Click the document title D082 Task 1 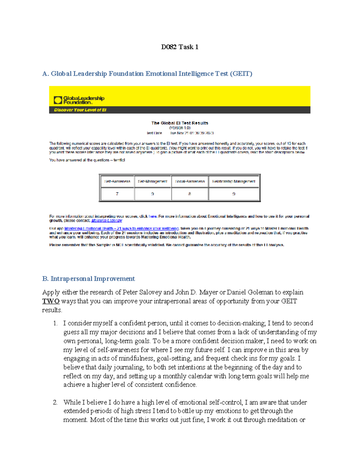pos(179,47)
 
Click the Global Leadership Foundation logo pos(79,100)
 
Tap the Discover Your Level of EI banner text pos(80,110)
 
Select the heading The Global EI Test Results pos(179,123)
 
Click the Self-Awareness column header pos(117,181)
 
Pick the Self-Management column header pos(152,181)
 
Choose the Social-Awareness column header pos(190,181)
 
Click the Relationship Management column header pos(234,181)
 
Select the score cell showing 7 pos(117,194)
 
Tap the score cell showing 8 pos(190,194)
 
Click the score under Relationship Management pos(234,194)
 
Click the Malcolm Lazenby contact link pos(106,221)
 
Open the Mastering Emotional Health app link pos(121,228)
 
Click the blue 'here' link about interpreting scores pos(153,216)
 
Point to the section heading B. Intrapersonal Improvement pos(88,279)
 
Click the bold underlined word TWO pos(51,301)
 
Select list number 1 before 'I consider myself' pos(55,323)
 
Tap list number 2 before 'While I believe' pos(55,402)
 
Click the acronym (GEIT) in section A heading pos(241,74)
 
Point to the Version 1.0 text pos(179,128)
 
